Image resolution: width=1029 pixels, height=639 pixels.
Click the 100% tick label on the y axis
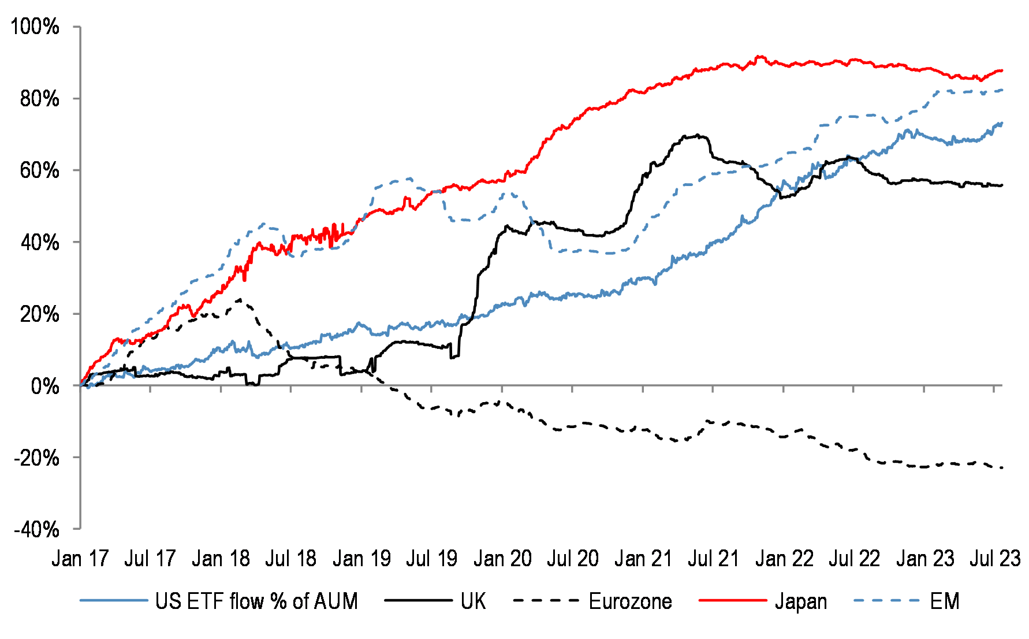click(35, 27)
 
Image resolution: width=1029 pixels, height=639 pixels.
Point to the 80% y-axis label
click(39, 99)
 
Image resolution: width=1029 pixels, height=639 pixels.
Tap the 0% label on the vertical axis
click(45, 386)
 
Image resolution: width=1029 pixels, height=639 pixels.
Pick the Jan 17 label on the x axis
click(80, 559)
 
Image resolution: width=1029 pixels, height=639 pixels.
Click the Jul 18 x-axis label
click(290, 559)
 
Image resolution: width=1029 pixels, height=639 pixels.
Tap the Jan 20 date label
click(502, 559)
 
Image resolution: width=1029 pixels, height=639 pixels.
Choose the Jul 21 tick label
click(713, 559)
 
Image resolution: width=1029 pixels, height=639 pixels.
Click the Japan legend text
click(800, 601)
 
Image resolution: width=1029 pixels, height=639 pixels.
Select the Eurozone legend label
click(630, 601)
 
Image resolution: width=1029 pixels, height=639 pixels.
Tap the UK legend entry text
click(473, 601)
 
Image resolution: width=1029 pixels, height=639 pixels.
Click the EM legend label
click(945, 601)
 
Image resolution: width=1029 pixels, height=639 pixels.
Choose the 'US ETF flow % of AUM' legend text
click(256, 601)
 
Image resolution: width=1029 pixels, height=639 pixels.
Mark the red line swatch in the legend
click(732, 601)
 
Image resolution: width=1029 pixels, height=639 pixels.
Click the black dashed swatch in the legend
click(546, 601)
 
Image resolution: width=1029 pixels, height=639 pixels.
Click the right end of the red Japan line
click(1002, 70)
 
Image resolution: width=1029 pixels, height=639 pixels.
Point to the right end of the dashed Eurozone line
click(1002, 467)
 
